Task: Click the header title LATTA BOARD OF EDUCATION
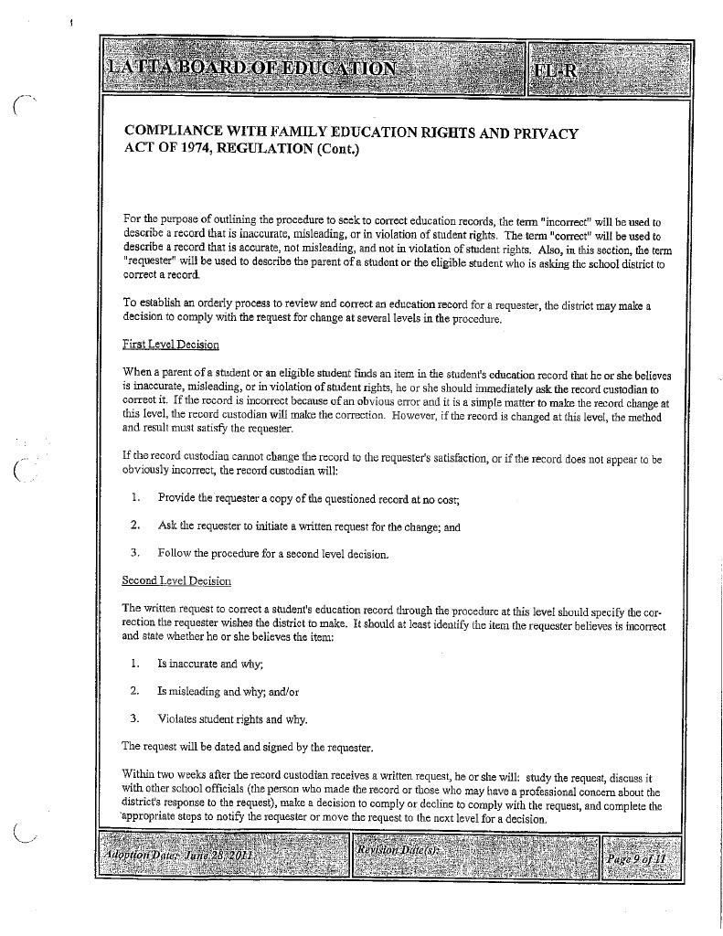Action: pyautogui.click(x=251, y=68)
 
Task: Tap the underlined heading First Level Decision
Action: pyautogui.click(x=171, y=344)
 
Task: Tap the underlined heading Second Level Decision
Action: pyautogui.click(x=176, y=580)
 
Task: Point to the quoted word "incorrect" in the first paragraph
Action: pyautogui.click(x=569, y=221)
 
